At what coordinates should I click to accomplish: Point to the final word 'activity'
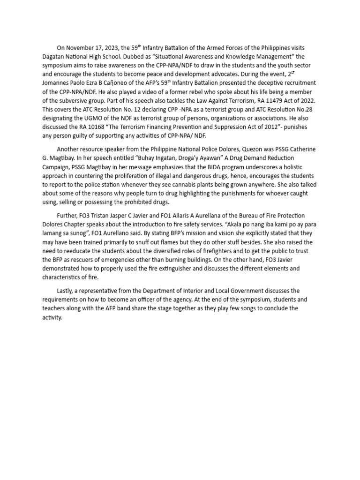click(52, 317)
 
